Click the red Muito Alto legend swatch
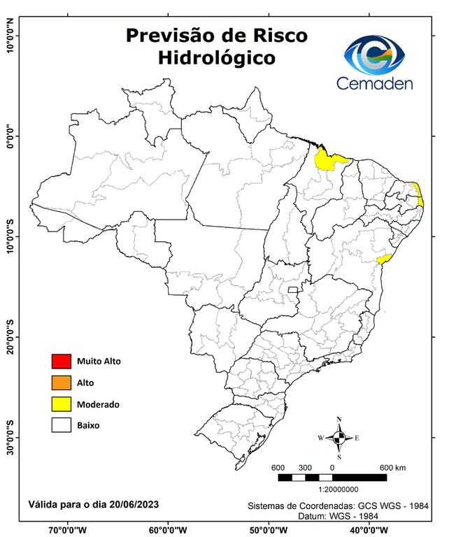[x=61, y=361]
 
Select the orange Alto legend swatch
[x=61, y=382]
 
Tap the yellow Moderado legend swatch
[x=61, y=404]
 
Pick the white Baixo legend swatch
[x=61, y=425]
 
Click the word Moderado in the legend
[x=98, y=404]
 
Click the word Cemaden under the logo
[x=375, y=83]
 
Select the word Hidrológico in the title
[x=216, y=57]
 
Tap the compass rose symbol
[x=339, y=438]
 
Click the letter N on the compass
[x=339, y=420]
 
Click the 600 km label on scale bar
[x=393, y=468]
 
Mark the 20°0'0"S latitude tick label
[x=10, y=338]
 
